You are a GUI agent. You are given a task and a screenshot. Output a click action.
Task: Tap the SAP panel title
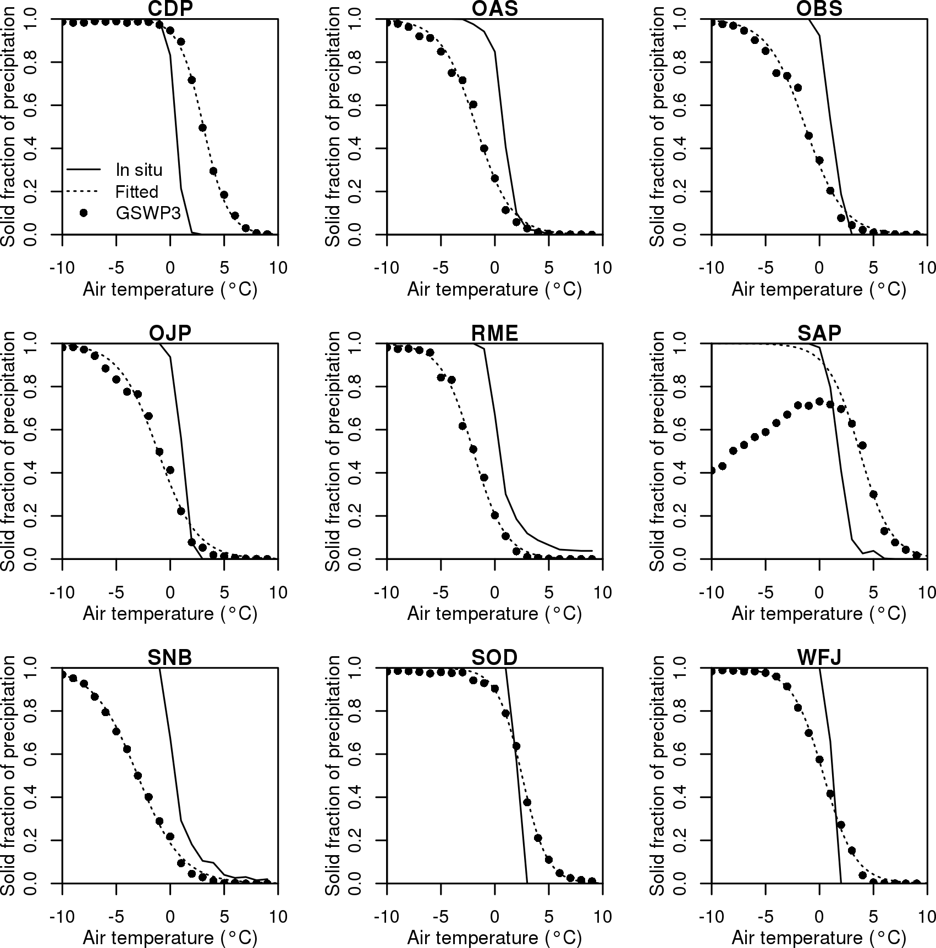819,333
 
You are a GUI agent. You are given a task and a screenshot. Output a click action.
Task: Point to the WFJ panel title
819,657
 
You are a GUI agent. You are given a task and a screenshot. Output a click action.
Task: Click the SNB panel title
170,657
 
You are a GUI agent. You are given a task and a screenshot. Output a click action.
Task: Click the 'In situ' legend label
139,169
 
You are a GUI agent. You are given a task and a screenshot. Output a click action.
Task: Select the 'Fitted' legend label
136,191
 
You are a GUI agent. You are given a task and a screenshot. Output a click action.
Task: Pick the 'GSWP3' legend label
148,213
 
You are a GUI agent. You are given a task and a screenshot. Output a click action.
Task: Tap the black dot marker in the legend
84,213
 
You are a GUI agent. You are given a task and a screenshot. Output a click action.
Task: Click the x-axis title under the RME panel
494,613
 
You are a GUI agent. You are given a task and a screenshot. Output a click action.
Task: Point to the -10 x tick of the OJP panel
62,592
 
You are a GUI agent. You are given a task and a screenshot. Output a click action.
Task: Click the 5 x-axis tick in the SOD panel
549,917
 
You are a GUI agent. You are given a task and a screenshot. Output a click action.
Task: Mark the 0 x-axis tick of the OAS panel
495,268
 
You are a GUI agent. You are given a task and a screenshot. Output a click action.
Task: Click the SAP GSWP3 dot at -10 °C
712,470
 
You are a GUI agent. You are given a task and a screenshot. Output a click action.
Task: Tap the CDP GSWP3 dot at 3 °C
202,127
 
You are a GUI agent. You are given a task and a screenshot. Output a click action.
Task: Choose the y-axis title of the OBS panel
658,126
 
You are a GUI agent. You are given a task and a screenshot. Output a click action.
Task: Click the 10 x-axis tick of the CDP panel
278,268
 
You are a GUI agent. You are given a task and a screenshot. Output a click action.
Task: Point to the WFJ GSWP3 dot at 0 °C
819,759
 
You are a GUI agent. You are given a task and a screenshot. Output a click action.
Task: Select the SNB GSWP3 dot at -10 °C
63,674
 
